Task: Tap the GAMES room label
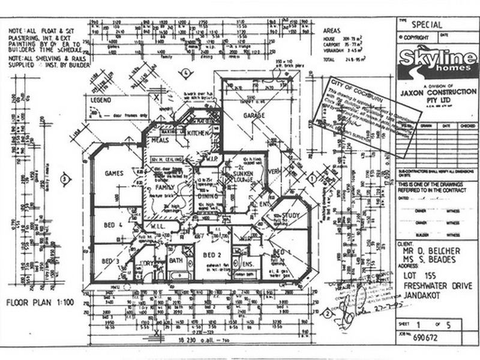tap(113, 173)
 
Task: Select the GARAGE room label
tap(254, 115)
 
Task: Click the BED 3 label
tap(109, 261)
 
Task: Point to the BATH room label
tap(175, 261)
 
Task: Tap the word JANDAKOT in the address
tap(424, 293)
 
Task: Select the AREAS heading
tap(332, 29)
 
